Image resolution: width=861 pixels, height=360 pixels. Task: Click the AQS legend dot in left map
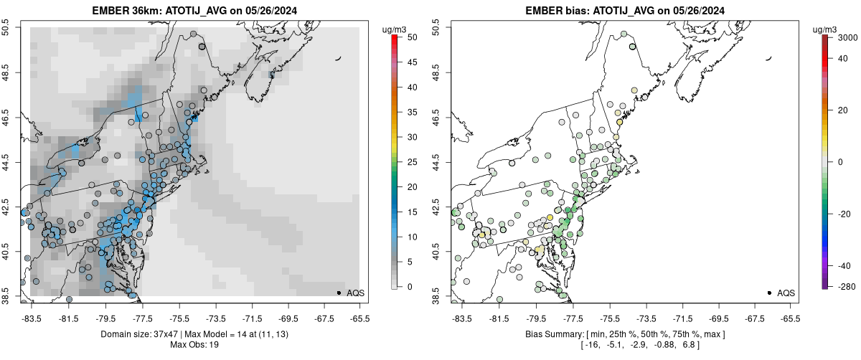click(339, 293)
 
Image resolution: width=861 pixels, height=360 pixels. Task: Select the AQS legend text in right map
click(786, 293)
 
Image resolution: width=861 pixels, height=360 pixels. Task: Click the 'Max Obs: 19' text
click(192, 345)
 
